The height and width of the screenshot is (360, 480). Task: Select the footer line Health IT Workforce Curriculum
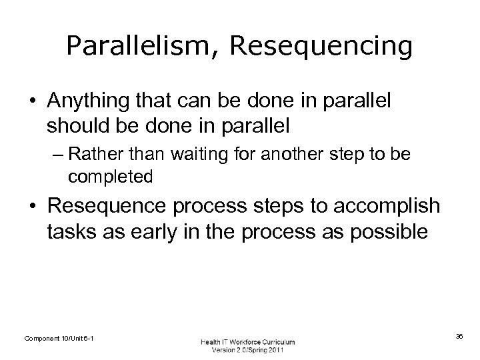pyautogui.click(x=248, y=342)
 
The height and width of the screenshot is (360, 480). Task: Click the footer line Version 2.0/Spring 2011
pyautogui.click(x=248, y=351)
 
